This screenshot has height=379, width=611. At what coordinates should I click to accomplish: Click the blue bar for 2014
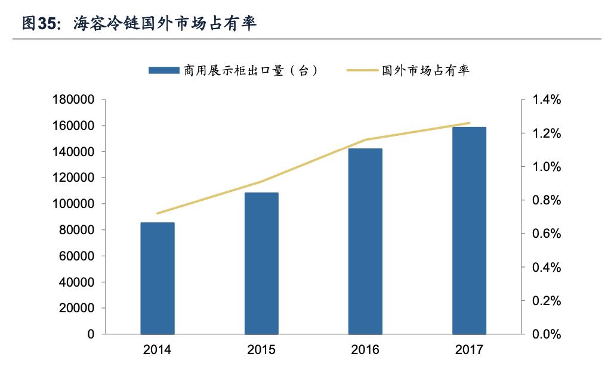pyautogui.click(x=158, y=278)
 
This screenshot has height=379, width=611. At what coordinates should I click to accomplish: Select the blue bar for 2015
pyautogui.click(x=261, y=263)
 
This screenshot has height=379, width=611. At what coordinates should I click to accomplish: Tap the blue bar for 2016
pyautogui.click(x=365, y=241)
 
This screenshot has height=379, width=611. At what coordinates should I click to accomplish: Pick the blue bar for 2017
pyautogui.click(x=469, y=231)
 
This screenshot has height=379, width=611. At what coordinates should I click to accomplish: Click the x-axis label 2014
pyautogui.click(x=158, y=350)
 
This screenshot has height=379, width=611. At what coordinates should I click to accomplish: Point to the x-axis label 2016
pyautogui.click(x=365, y=350)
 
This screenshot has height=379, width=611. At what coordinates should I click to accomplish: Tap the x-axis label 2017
pyautogui.click(x=469, y=350)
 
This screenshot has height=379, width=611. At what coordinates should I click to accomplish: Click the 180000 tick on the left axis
pyautogui.click(x=74, y=100)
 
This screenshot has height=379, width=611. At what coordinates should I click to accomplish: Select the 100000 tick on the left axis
pyautogui.click(x=74, y=204)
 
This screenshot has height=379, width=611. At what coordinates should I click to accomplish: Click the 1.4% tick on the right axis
pyautogui.click(x=547, y=100)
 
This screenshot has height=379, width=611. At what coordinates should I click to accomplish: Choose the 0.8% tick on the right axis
pyautogui.click(x=547, y=200)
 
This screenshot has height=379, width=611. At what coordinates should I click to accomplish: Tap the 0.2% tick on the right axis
pyautogui.click(x=547, y=301)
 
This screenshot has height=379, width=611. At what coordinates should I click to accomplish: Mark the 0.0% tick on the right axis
pyautogui.click(x=547, y=334)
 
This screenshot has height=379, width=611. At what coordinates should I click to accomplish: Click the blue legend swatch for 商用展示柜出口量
pyautogui.click(x=163, y=70)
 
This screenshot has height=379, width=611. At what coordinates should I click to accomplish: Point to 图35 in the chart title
pyautogui.click(x=41, y=23)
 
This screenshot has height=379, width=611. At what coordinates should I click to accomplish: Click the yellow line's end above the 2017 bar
pyautogui.click(x=469, y=123)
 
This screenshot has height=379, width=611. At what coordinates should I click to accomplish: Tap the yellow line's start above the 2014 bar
pyautogui.click(x=158, y=213)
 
